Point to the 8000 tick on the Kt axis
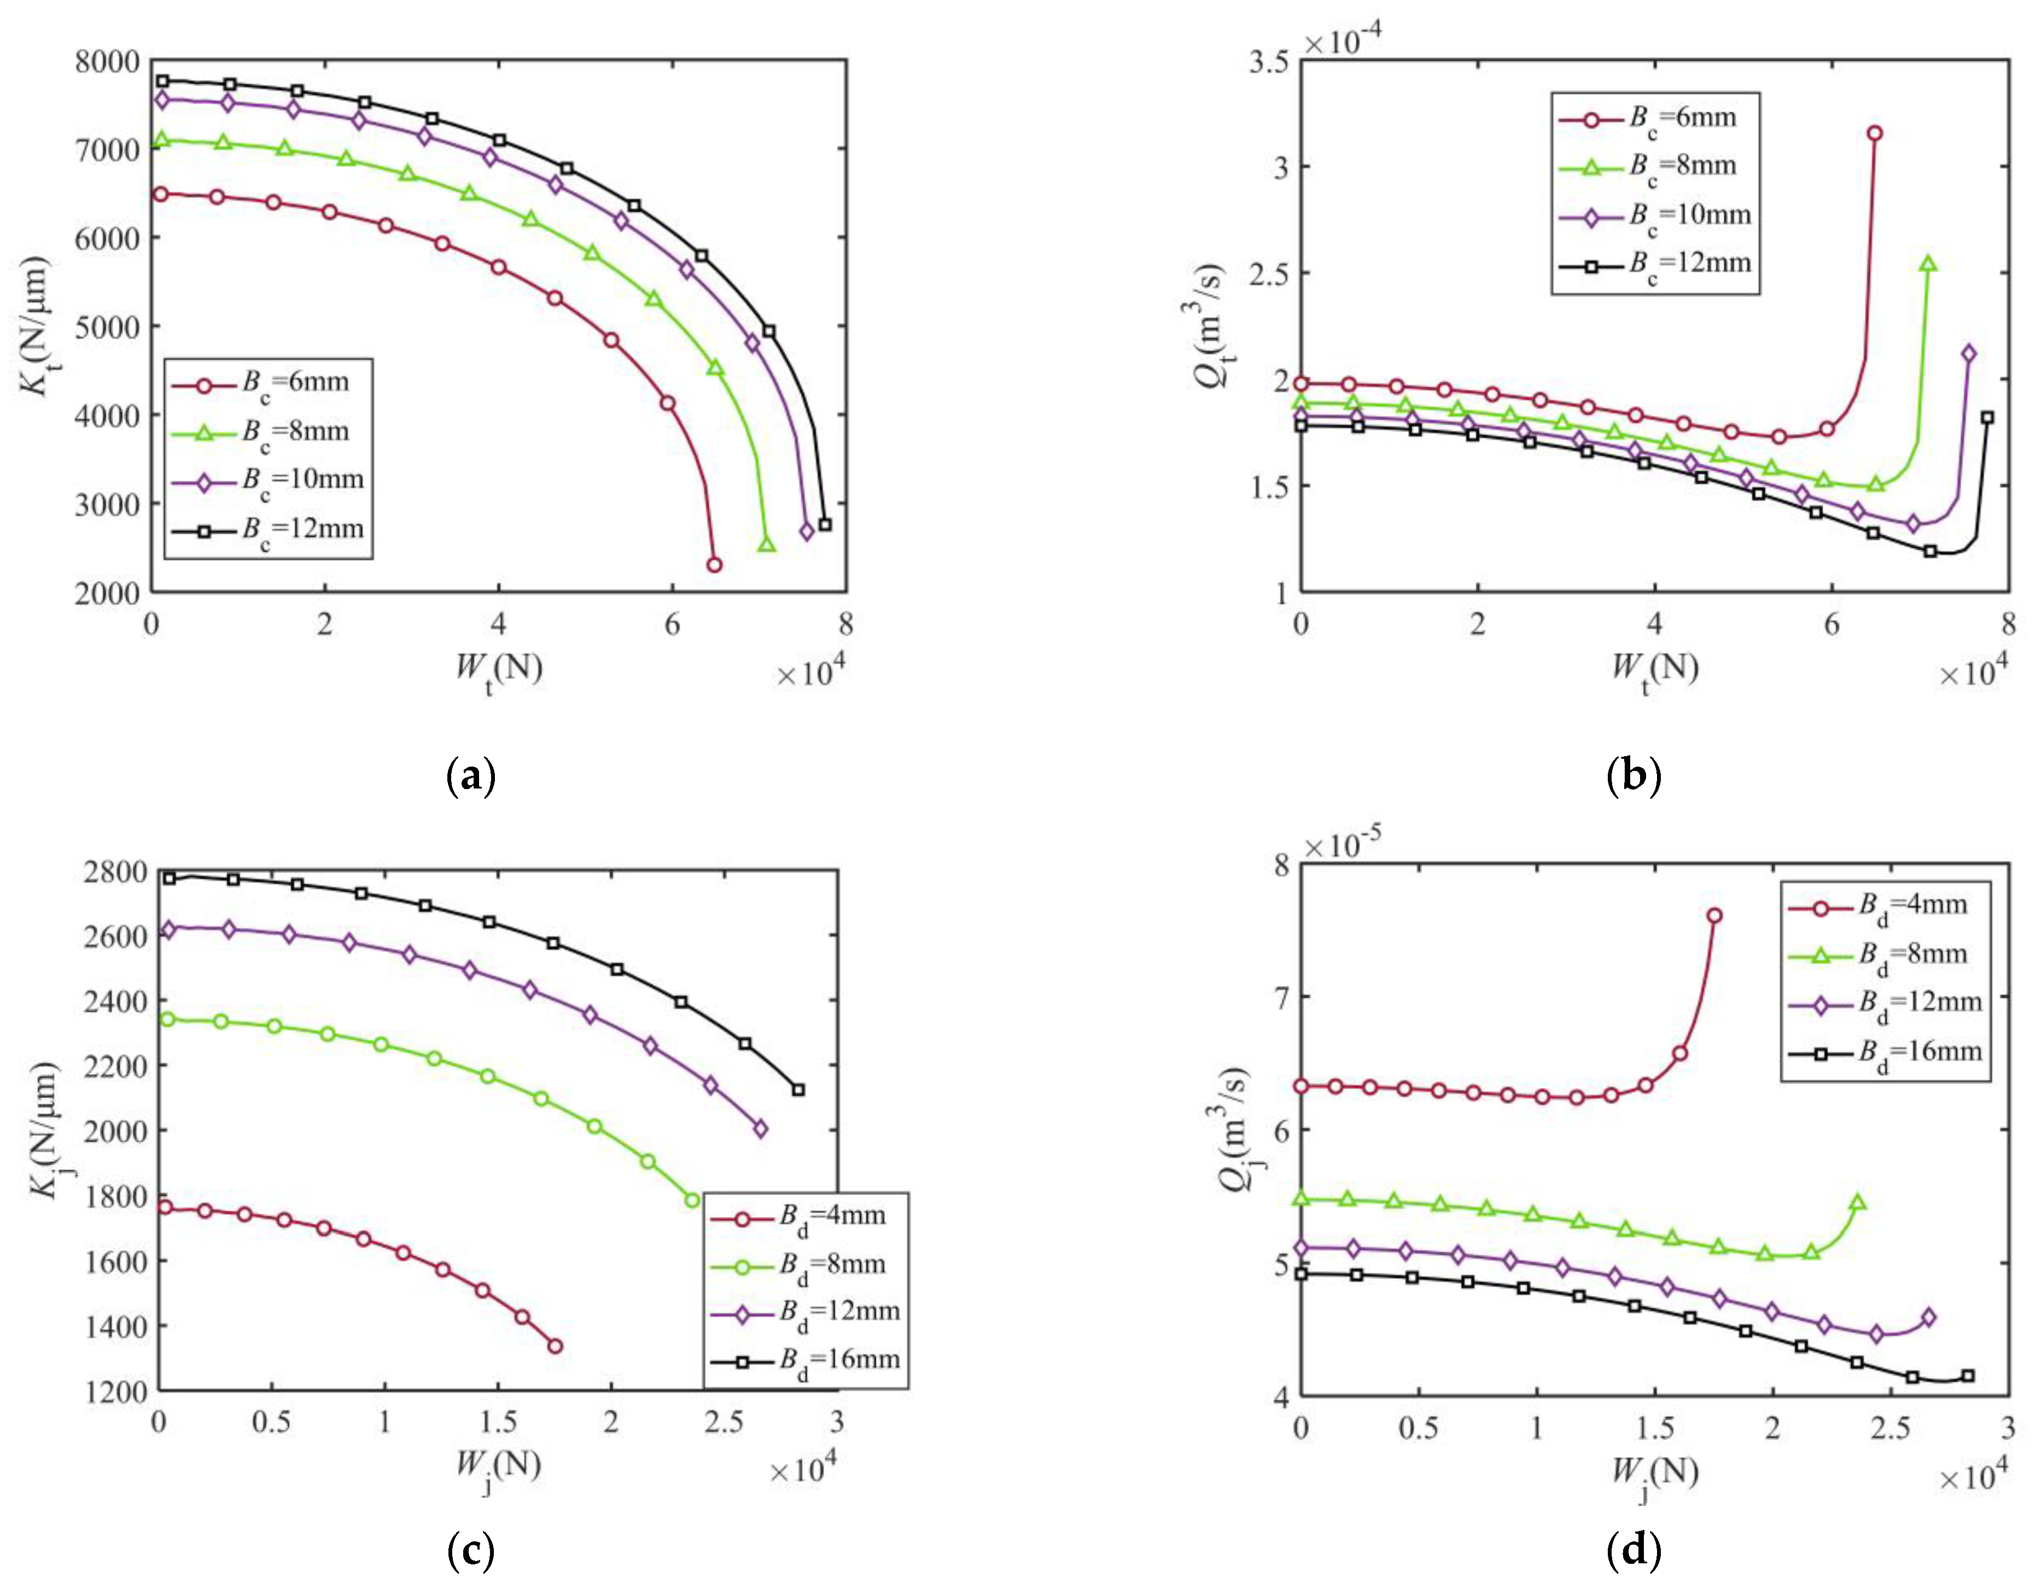click(107, 61)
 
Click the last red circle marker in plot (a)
click(714, 564)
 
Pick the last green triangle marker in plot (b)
click(1928, 264)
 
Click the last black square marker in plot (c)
click(798, 1089)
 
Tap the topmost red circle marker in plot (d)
click(1713, 916)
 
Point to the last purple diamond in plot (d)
click(1929, 1317)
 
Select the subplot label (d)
click(1634, 1550)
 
